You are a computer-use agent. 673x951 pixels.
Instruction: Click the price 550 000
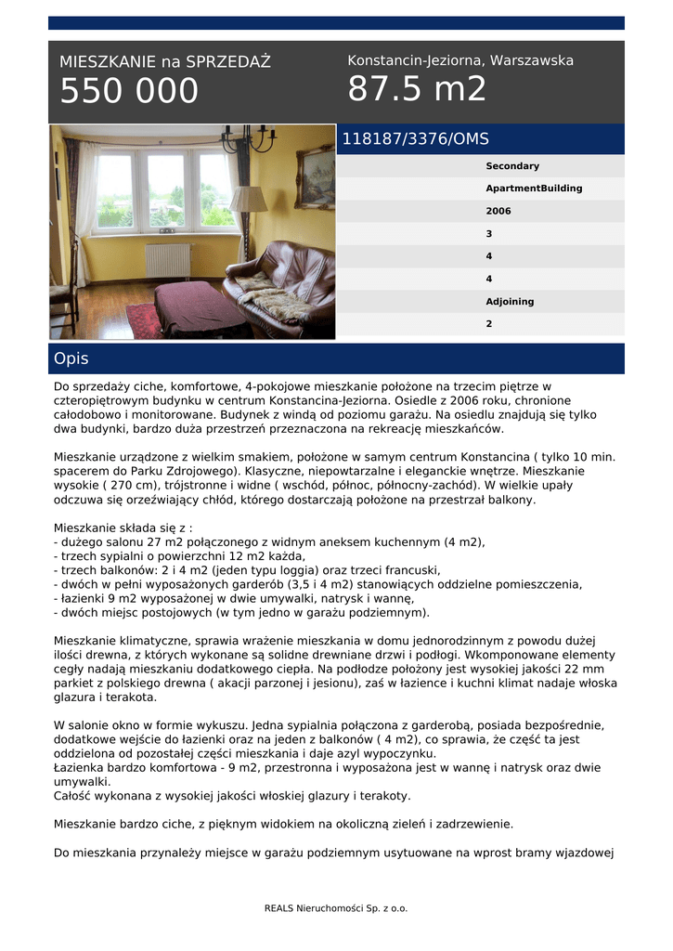(x=129, y=91)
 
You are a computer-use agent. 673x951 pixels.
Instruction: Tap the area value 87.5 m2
(x=417, y=89)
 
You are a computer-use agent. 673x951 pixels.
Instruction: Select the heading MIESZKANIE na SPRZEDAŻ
(x=165, y=62)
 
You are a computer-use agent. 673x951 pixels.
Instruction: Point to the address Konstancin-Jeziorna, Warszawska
(x=460, y=60)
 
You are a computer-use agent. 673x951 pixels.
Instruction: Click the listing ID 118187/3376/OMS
(x=415, y=139)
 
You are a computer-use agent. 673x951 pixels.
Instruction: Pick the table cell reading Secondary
(x=512, y=166)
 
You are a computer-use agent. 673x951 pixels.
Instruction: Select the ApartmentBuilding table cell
(x=534, y=189)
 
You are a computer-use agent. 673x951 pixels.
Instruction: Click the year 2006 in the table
(x=498, y=211)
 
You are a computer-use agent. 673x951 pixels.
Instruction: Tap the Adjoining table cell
(x=510, y=302)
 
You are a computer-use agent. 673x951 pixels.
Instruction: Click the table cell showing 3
(x=489, y=234)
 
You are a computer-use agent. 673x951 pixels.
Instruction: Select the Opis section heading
(x=71, y=358)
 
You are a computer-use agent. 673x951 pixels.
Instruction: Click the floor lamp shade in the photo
(x=248, y=199)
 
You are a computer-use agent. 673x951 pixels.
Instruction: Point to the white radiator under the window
(x=168, y=261)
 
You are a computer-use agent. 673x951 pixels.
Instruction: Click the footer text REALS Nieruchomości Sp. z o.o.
(x=336, y=908)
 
